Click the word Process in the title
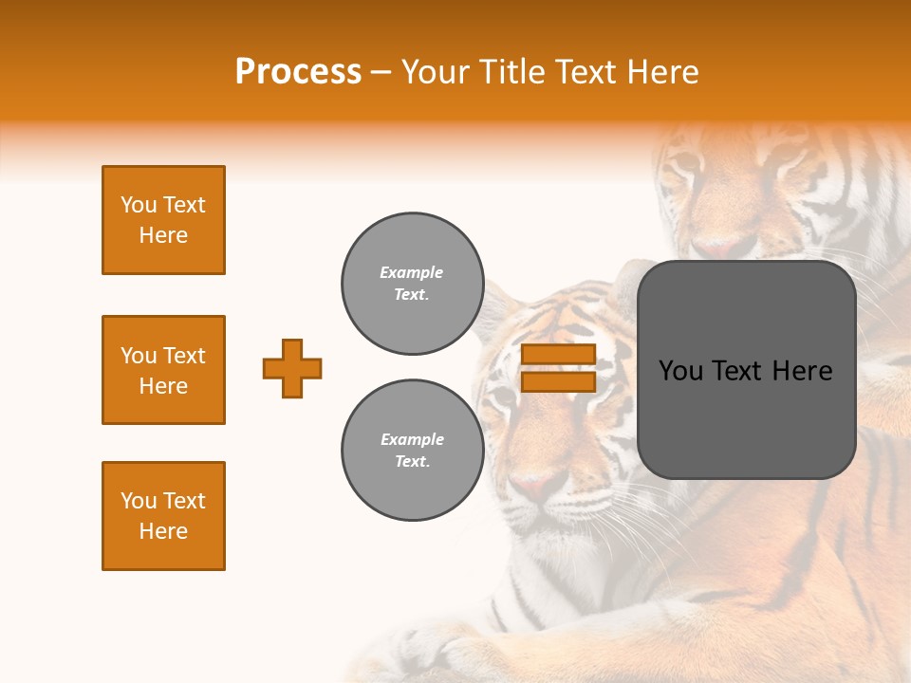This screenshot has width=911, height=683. tap(298, 72)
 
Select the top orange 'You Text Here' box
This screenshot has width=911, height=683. tap(163, 220)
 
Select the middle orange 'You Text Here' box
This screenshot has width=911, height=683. tap(163, 370)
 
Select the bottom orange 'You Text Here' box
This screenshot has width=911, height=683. tap(163, 516)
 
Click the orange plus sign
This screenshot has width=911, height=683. tap(292, 368)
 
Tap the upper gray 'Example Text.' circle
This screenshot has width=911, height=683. tap(412, 283)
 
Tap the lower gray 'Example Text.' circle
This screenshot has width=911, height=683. tap(412, 450)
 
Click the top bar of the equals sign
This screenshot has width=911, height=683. tap(558, 355)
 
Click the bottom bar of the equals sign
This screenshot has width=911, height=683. tap(558, 381)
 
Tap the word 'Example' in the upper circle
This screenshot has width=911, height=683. tap(412, 272)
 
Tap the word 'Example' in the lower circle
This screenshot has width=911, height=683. tap(412, 439)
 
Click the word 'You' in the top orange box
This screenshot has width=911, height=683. tap(138, 205)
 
